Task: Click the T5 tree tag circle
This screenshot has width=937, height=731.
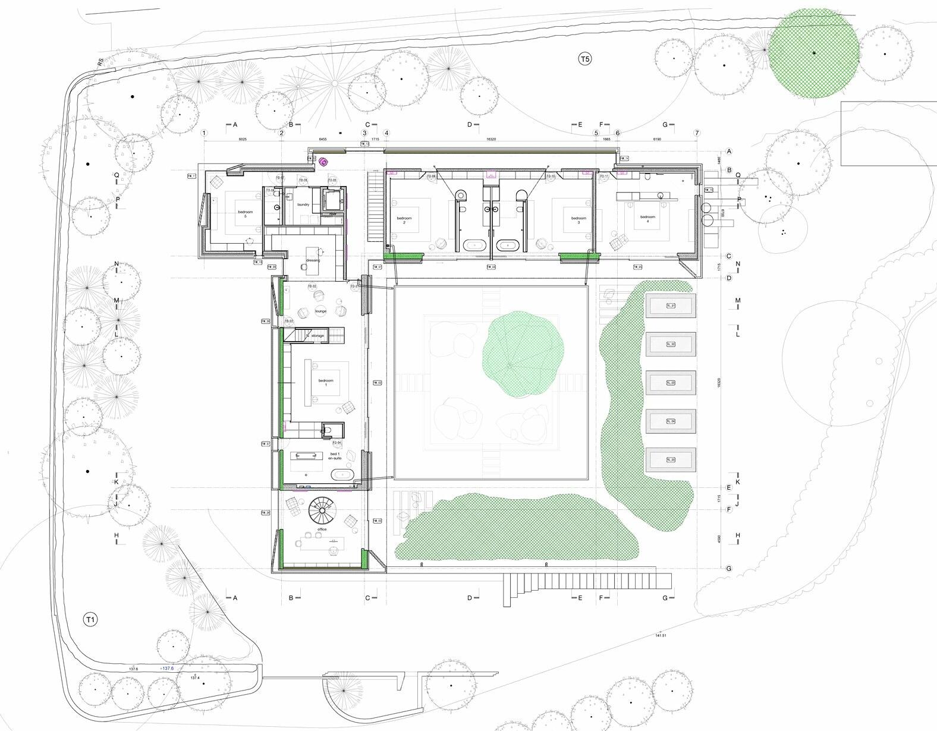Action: (x=585, y=58)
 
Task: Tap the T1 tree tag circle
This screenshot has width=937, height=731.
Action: (x=90, y=620)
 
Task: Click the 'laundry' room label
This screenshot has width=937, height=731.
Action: (x=303, y=204)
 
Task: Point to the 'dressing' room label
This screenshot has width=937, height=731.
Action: (x=313, y=260)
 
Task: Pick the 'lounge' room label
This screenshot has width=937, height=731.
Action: (x=320, y=311)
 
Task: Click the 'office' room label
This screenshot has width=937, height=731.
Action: (x=322, y=529)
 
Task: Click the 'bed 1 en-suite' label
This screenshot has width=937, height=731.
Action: (x=334, y=456)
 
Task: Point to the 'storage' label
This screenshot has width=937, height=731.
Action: (x=317, y=336)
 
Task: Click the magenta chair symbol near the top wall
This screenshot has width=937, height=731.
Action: (x=324, y=162)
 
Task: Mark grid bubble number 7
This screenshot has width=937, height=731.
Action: (x=697, y=133)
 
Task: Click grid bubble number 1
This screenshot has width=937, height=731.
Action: (x=205, y=133)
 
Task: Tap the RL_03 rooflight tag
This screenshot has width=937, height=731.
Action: (x=671, y=383)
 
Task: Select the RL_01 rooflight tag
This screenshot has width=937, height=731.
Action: (x=671, y=306)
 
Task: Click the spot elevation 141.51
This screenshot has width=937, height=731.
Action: (x=659, y=635)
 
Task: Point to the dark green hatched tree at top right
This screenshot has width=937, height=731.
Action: (x=813, y=53)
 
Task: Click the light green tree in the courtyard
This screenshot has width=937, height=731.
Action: (x=523, y=354)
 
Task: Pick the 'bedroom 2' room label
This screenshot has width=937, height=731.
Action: (x=404, y=220)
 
